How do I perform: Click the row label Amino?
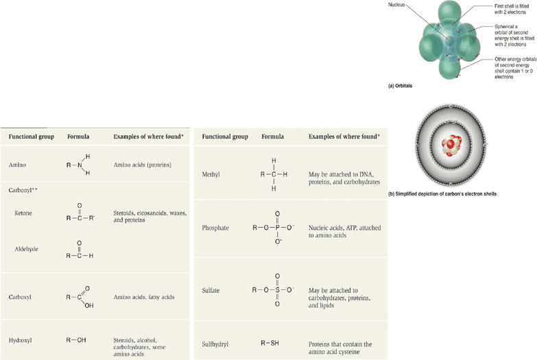(17, 165)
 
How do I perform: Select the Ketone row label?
(23, 213)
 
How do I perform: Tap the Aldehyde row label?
(26, 249)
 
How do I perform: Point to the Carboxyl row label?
(20, 297)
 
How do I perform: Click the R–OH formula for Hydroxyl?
(76, 340)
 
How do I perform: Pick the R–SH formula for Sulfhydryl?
(270, 343)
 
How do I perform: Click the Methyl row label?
(211, 174)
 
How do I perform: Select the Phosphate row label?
(215, 228)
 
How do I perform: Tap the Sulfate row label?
(211, 291)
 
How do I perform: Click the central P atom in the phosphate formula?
(277, 228)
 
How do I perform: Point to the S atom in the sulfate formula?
(277, 290)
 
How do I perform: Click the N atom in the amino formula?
(80, 165)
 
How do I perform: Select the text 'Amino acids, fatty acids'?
(144, 297)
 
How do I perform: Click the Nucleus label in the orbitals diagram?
(396, 5)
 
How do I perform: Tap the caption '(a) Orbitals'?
(400, 86)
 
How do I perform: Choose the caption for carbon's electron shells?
(442, 194)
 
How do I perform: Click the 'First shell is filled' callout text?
(512, 6)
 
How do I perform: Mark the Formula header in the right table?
(272, 136)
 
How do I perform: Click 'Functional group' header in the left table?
(31, 136)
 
